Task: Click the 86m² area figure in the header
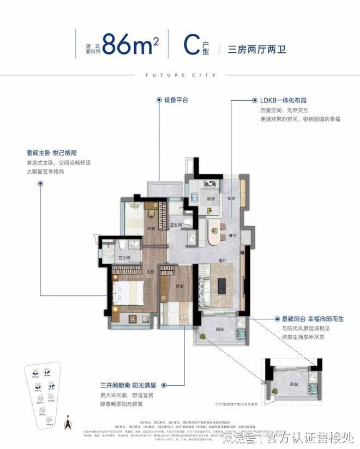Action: pos(130,44)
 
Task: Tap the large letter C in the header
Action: pos(189,43)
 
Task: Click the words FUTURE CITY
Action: pos(179,75)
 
